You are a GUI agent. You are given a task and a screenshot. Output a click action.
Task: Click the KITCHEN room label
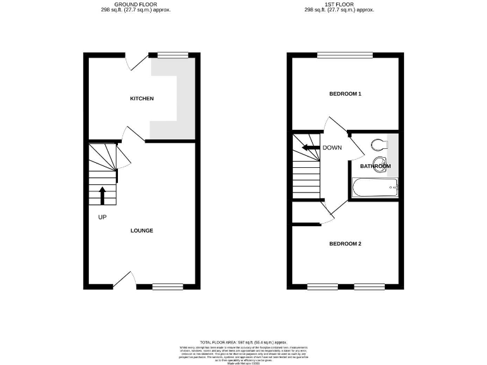[x=141, y=99]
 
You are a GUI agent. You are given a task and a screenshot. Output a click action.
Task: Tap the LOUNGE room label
[x=141, y=230]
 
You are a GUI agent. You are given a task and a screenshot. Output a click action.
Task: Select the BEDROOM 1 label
[x=345, y=94]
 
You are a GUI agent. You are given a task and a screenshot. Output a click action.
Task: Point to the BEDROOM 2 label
[x=345, y=243]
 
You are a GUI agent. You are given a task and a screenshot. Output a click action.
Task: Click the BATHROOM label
[x=375, y=166]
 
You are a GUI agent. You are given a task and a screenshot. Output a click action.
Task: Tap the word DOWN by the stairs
[x=333, y=148]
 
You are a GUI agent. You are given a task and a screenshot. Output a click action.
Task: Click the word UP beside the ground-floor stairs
[x=102, y=217]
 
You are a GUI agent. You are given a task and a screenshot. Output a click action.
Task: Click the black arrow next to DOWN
[x=310, y=148]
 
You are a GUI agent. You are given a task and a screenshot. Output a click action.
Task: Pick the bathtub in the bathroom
[x=375, y=187]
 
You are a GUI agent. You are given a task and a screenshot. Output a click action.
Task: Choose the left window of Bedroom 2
[x=323, y=286]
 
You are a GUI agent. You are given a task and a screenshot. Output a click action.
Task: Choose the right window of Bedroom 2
[x=368, y=286]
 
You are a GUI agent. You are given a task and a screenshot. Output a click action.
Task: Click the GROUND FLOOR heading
[x=136, y=4]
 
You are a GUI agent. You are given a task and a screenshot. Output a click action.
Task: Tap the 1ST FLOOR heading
[x=339, y=4]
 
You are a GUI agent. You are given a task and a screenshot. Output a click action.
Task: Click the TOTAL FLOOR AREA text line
[x=243, y=342]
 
